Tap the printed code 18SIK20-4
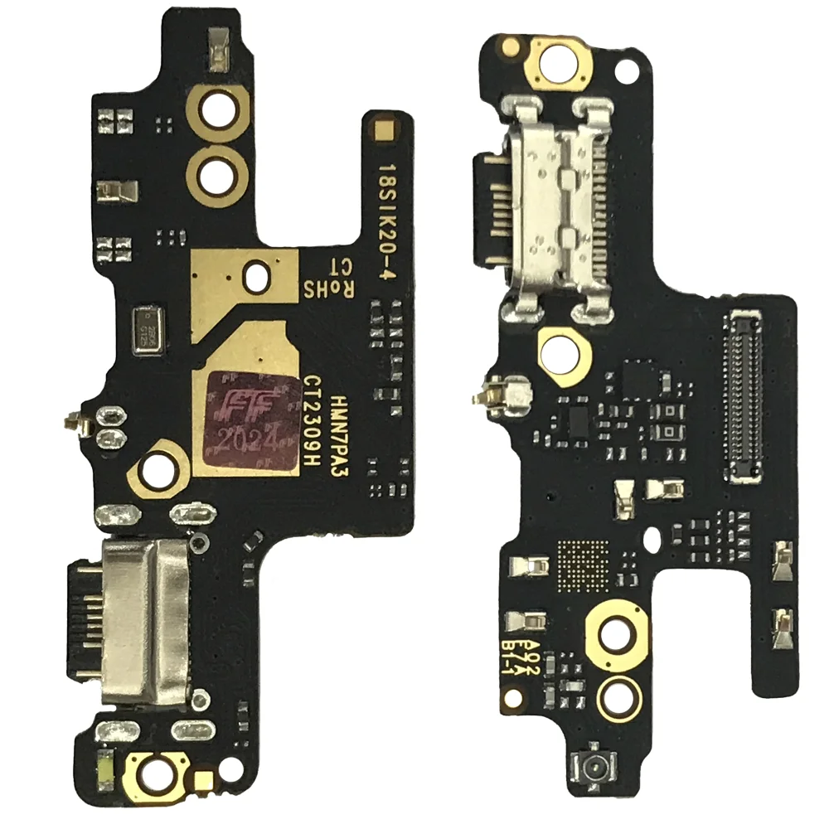click(x=383, y=217)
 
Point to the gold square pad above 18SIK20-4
click(x=382, y=129)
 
